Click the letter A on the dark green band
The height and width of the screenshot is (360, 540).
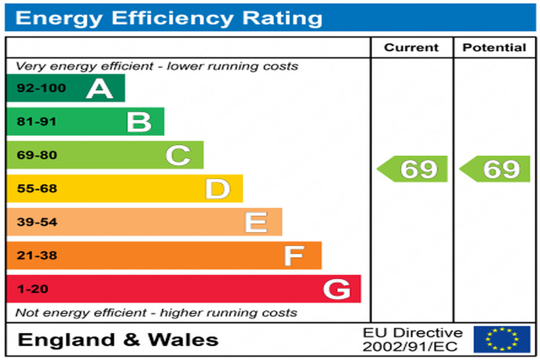(99, 88)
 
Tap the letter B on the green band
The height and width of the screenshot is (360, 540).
(139, 122)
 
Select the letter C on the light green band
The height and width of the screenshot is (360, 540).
(178, 155)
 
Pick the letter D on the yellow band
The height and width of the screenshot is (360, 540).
(217, 189)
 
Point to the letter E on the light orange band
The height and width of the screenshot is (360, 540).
(256, 222)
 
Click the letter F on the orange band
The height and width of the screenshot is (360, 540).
(294, 255)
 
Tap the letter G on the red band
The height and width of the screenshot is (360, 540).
(337, 289)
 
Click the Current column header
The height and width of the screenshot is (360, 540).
(412, 47)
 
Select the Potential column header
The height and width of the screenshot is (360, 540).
(494, 47)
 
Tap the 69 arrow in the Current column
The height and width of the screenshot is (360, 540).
(414, 169)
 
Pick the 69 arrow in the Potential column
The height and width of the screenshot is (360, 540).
(496, 169)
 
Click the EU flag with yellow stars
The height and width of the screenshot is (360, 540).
(502, 340)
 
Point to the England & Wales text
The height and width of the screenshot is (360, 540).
(118, 340)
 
